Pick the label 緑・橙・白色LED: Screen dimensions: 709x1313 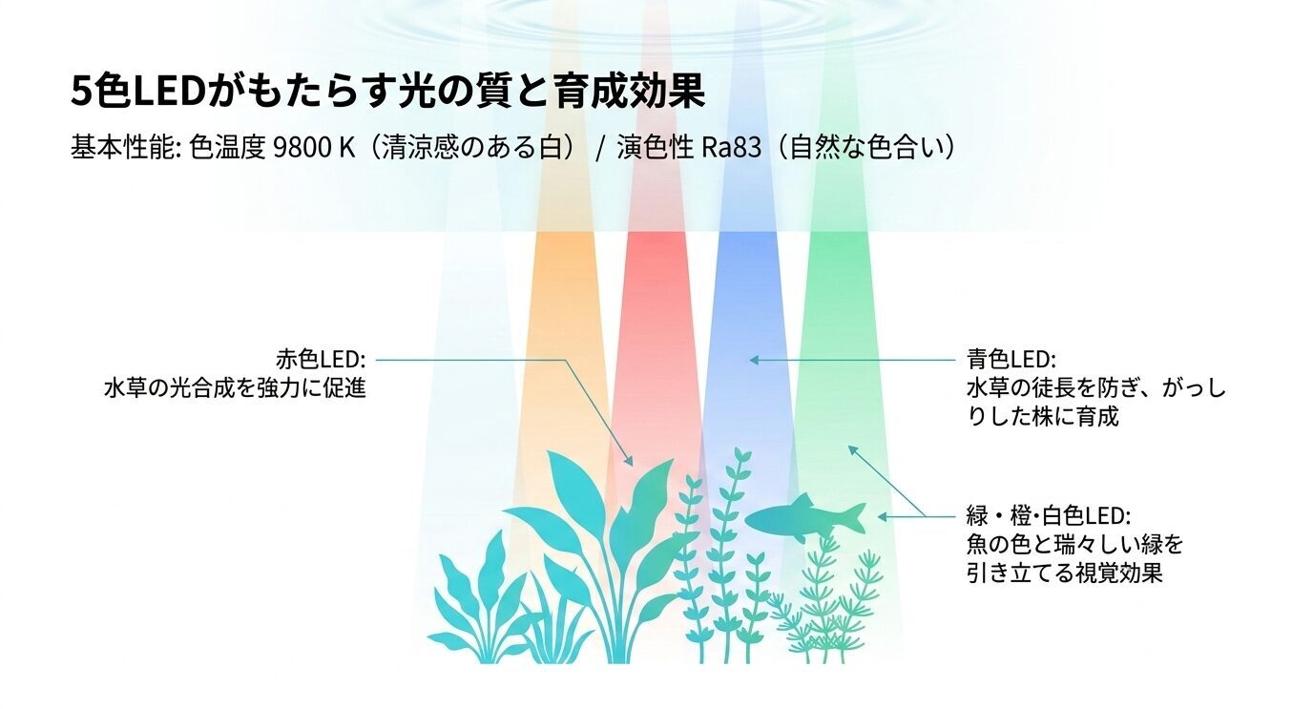click(x=1048, y=516)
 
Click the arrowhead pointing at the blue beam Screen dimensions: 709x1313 click(x=753, y=360)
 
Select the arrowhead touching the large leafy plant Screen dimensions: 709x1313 click(x=629, y=461)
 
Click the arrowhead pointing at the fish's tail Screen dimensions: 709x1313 click(x=883, y=516)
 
